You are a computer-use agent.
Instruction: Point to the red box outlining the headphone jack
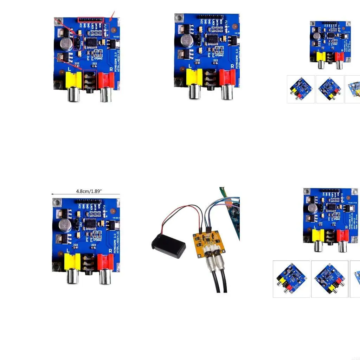[90, 79]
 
